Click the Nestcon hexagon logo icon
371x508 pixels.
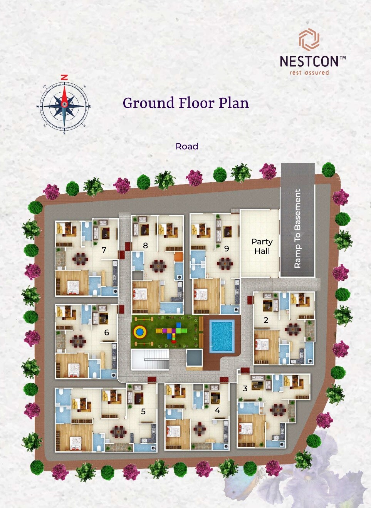pos(309,39)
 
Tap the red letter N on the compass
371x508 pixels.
pos(64,77)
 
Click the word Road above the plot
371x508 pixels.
pos(187,146)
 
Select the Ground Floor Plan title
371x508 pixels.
pos(186,103)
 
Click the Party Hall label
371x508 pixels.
pos(262,246)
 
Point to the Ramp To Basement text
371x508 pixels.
pos(297,228)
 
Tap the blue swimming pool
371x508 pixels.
pos(222,335)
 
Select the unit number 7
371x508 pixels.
pos(104,250)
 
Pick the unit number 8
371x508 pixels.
pos(145,245)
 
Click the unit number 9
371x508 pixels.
pos(227,248)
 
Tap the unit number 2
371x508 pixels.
pos(266,320)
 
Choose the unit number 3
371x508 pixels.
pos(245,388)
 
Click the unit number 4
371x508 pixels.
pos(217,410)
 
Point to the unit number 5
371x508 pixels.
pos(143,411)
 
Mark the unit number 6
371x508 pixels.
pos(106,332)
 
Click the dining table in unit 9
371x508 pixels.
pos(225,263)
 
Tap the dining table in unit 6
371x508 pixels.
pos(77,341)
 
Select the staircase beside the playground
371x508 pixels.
pos(150,359)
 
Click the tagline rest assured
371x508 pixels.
pos(309,72)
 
